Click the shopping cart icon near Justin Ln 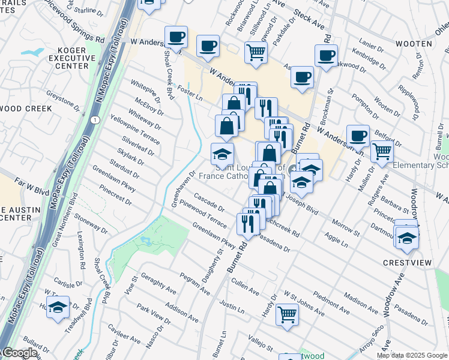point(287,313)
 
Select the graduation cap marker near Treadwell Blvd point(58,308)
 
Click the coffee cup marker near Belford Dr point(358,135)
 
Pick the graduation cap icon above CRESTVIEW point(407,238)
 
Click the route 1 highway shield point(95,121)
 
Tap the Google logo point(19,353)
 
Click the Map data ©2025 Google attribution point(412,355)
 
